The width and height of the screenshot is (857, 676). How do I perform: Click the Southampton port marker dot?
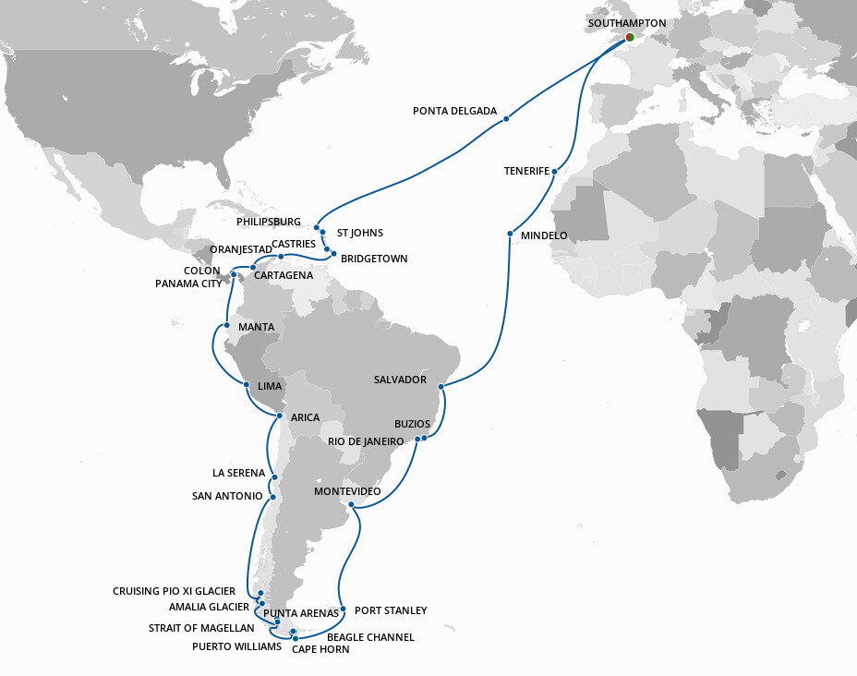(x=630, y=38)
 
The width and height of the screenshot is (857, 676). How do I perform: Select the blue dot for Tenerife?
(x=554, y=172)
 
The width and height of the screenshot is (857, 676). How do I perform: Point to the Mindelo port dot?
(x=511, y=234)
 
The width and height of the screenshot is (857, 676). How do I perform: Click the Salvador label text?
(x=400, y=380)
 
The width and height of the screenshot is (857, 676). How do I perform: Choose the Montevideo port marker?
(x=351, y=504)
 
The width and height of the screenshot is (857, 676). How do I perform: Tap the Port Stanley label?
(x=391, y=610)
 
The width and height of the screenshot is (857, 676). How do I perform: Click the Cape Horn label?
(x=320, y=649)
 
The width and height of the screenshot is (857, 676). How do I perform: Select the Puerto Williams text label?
(x=236, y=646)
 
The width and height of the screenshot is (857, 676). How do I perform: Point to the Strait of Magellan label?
(x=201, y=628)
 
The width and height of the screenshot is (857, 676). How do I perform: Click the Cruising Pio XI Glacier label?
(x=174, y=591)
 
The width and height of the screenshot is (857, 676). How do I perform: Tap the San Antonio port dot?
(x=273, y=496)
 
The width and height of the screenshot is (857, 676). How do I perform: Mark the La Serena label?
(x=238, y=473)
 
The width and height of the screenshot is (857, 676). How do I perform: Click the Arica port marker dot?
(x=279, y=416)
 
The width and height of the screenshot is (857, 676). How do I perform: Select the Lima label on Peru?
(x=271, y=386)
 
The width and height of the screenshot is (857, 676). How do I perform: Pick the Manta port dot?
(x=226, y=326)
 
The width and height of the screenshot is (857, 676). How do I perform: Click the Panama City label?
(x=188, y=284)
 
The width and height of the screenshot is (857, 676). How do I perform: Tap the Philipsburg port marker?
(x=317, y=228)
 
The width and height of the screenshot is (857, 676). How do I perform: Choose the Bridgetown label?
(x=374, y=259)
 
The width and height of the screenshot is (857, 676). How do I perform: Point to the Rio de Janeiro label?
(x=366, y=441)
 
